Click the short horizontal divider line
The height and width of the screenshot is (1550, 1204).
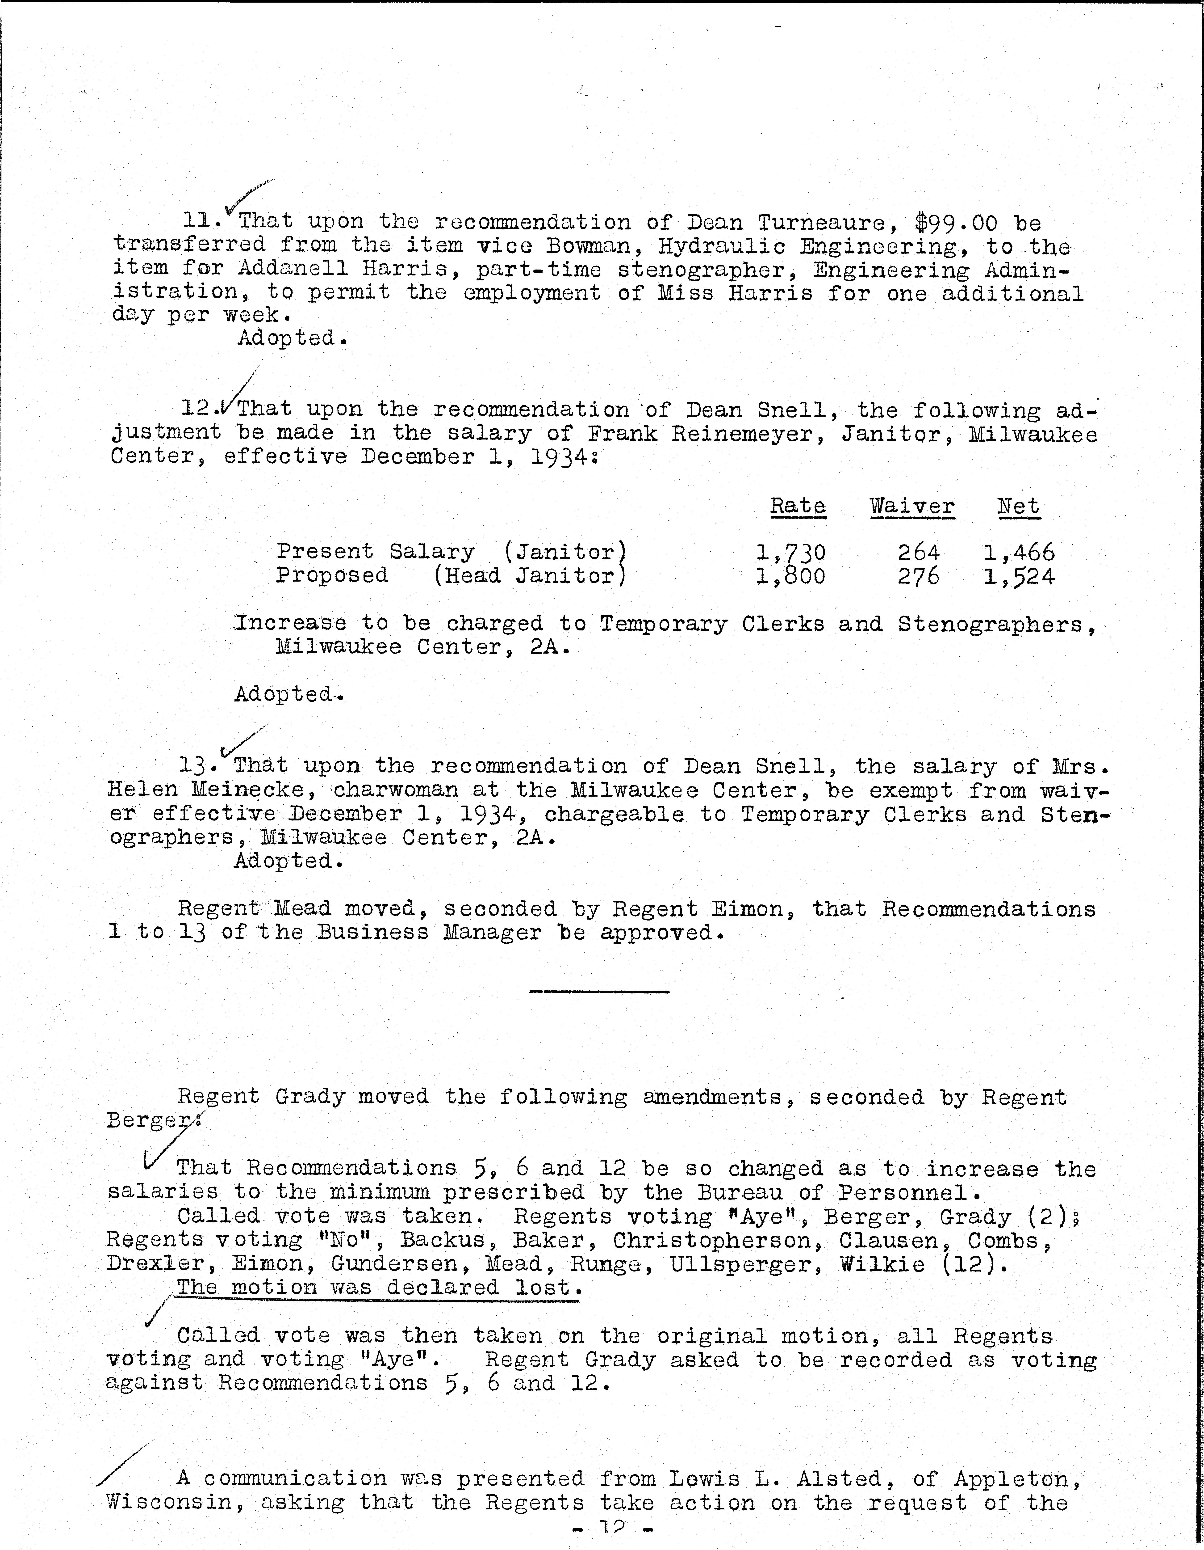599,992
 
